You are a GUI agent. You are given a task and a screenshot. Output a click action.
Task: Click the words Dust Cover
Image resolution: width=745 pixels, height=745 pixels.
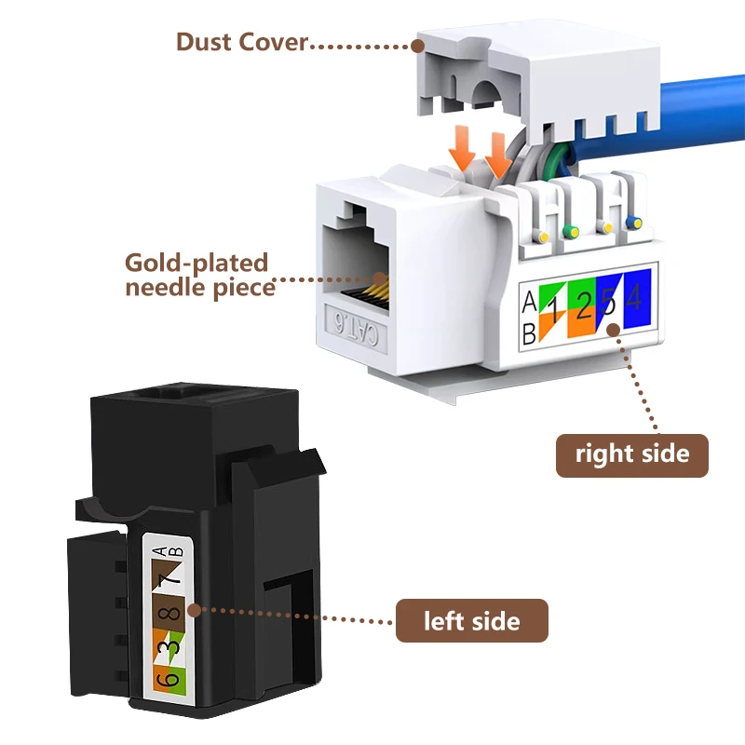click(x=241, y=42)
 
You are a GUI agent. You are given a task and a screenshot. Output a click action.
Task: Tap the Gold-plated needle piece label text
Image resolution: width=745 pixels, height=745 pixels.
click(x=196, y=275)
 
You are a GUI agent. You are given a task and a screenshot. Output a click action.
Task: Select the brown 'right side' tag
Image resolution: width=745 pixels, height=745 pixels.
click(x=632, y=454)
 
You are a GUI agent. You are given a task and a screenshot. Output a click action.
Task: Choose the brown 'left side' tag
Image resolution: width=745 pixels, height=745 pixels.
click(x=472, y=620)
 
